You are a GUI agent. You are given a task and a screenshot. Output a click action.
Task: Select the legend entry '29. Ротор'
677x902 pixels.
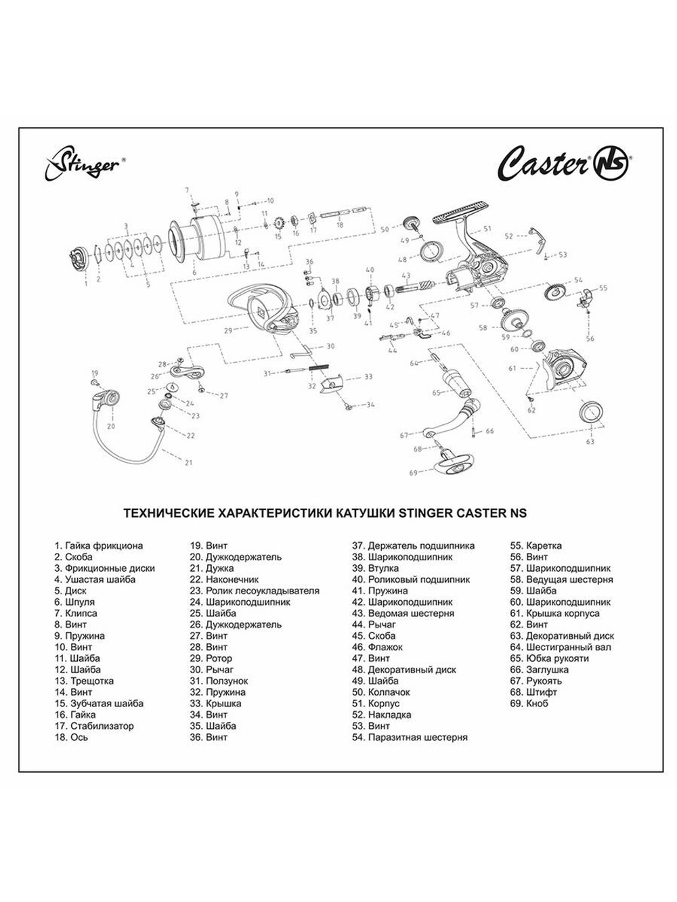point(211,658)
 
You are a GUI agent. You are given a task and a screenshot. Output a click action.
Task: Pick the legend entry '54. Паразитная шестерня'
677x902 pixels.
point(410,737)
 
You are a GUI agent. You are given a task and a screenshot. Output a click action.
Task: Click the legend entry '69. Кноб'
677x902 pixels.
point(530,703)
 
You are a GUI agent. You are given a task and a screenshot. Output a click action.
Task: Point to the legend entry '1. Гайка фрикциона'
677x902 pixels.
point(99,545)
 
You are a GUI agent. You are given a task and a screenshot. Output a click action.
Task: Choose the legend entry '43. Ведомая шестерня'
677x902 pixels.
point(403,613)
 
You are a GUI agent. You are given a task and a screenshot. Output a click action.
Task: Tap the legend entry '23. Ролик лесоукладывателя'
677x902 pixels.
point(254,591)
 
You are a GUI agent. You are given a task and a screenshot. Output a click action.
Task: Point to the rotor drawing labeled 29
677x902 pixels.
point(261,308)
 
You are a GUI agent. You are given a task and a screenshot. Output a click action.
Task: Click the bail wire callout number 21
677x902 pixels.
point(188,462)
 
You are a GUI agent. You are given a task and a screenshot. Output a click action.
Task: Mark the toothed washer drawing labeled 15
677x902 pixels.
point(278,223)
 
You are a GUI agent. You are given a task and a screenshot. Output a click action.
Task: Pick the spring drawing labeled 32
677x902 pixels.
point(319,368)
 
